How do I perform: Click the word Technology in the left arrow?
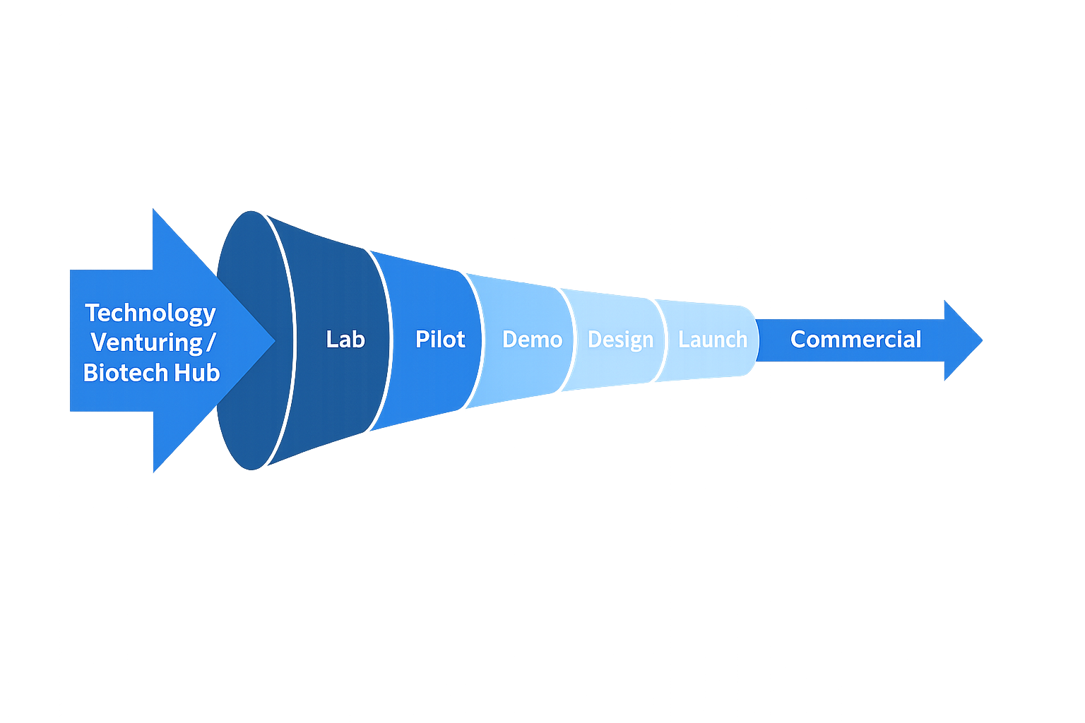click(x=150, y=313)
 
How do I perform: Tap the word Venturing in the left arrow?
click(x=146, y=342)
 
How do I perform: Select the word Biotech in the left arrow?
click(x=124, y=373)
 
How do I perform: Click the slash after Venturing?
click(x=211, y=342)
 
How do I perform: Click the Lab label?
click(x=345, y=340)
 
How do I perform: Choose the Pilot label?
click(x=440, y=340)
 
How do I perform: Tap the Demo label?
click(x=532, y=340)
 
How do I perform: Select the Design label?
click(x=620, y=340)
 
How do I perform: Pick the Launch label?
click(x=712, y=340)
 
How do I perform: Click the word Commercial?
click(x=855, y=340)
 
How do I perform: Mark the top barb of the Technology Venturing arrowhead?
click(x=155, y=211)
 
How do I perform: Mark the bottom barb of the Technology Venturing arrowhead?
click(x=155, y=471)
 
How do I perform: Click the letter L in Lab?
click(x=331, y=340)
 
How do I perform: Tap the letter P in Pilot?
click(x=422, y=340)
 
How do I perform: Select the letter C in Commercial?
click(x=798, y=340)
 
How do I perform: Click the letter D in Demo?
click(x=509, y=340)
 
